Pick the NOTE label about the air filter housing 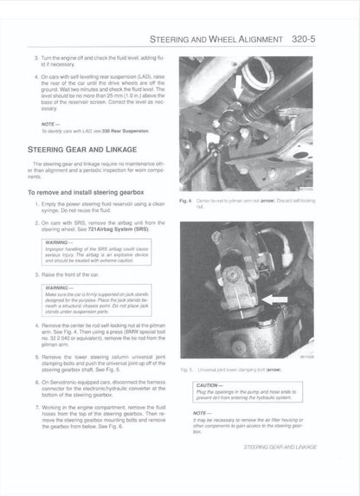[203, 414]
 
